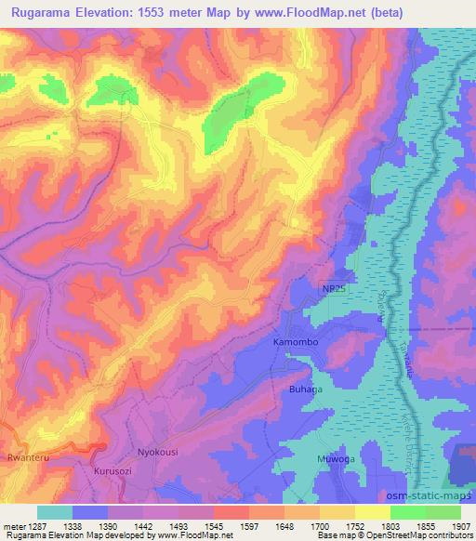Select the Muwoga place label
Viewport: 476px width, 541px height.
(x=322, y=459)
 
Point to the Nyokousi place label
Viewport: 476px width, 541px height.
(x=157, y=452)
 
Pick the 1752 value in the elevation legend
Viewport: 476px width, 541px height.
(x=356, y=525)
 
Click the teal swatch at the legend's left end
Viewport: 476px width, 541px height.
(x=54, y=511)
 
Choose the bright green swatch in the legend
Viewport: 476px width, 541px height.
(x=407, y=511)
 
